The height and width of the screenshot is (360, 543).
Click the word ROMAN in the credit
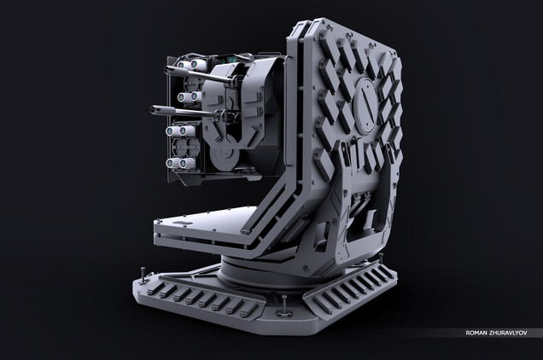pyautogui.click(x=476, y=333)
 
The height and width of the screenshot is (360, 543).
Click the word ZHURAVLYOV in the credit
pyautogui.click(x=508, y=333)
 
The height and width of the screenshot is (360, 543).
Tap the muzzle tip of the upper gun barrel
pyautogui.click(x=166, y=70)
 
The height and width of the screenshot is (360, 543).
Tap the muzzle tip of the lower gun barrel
pyautogui.click(x=153, y=110)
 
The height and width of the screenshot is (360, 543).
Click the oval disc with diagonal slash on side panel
pyautogui.click(x=365, y=105)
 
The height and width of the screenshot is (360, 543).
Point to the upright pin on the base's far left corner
pyautogui.click(x=143, y=276)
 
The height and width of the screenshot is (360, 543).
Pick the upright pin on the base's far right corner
pyautogui.click(x=382, y=258)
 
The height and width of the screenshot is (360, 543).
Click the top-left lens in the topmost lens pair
pyautogui.click(x=181, y=65)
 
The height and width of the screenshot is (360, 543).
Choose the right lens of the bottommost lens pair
pyautogui.click(x=184, y=164)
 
